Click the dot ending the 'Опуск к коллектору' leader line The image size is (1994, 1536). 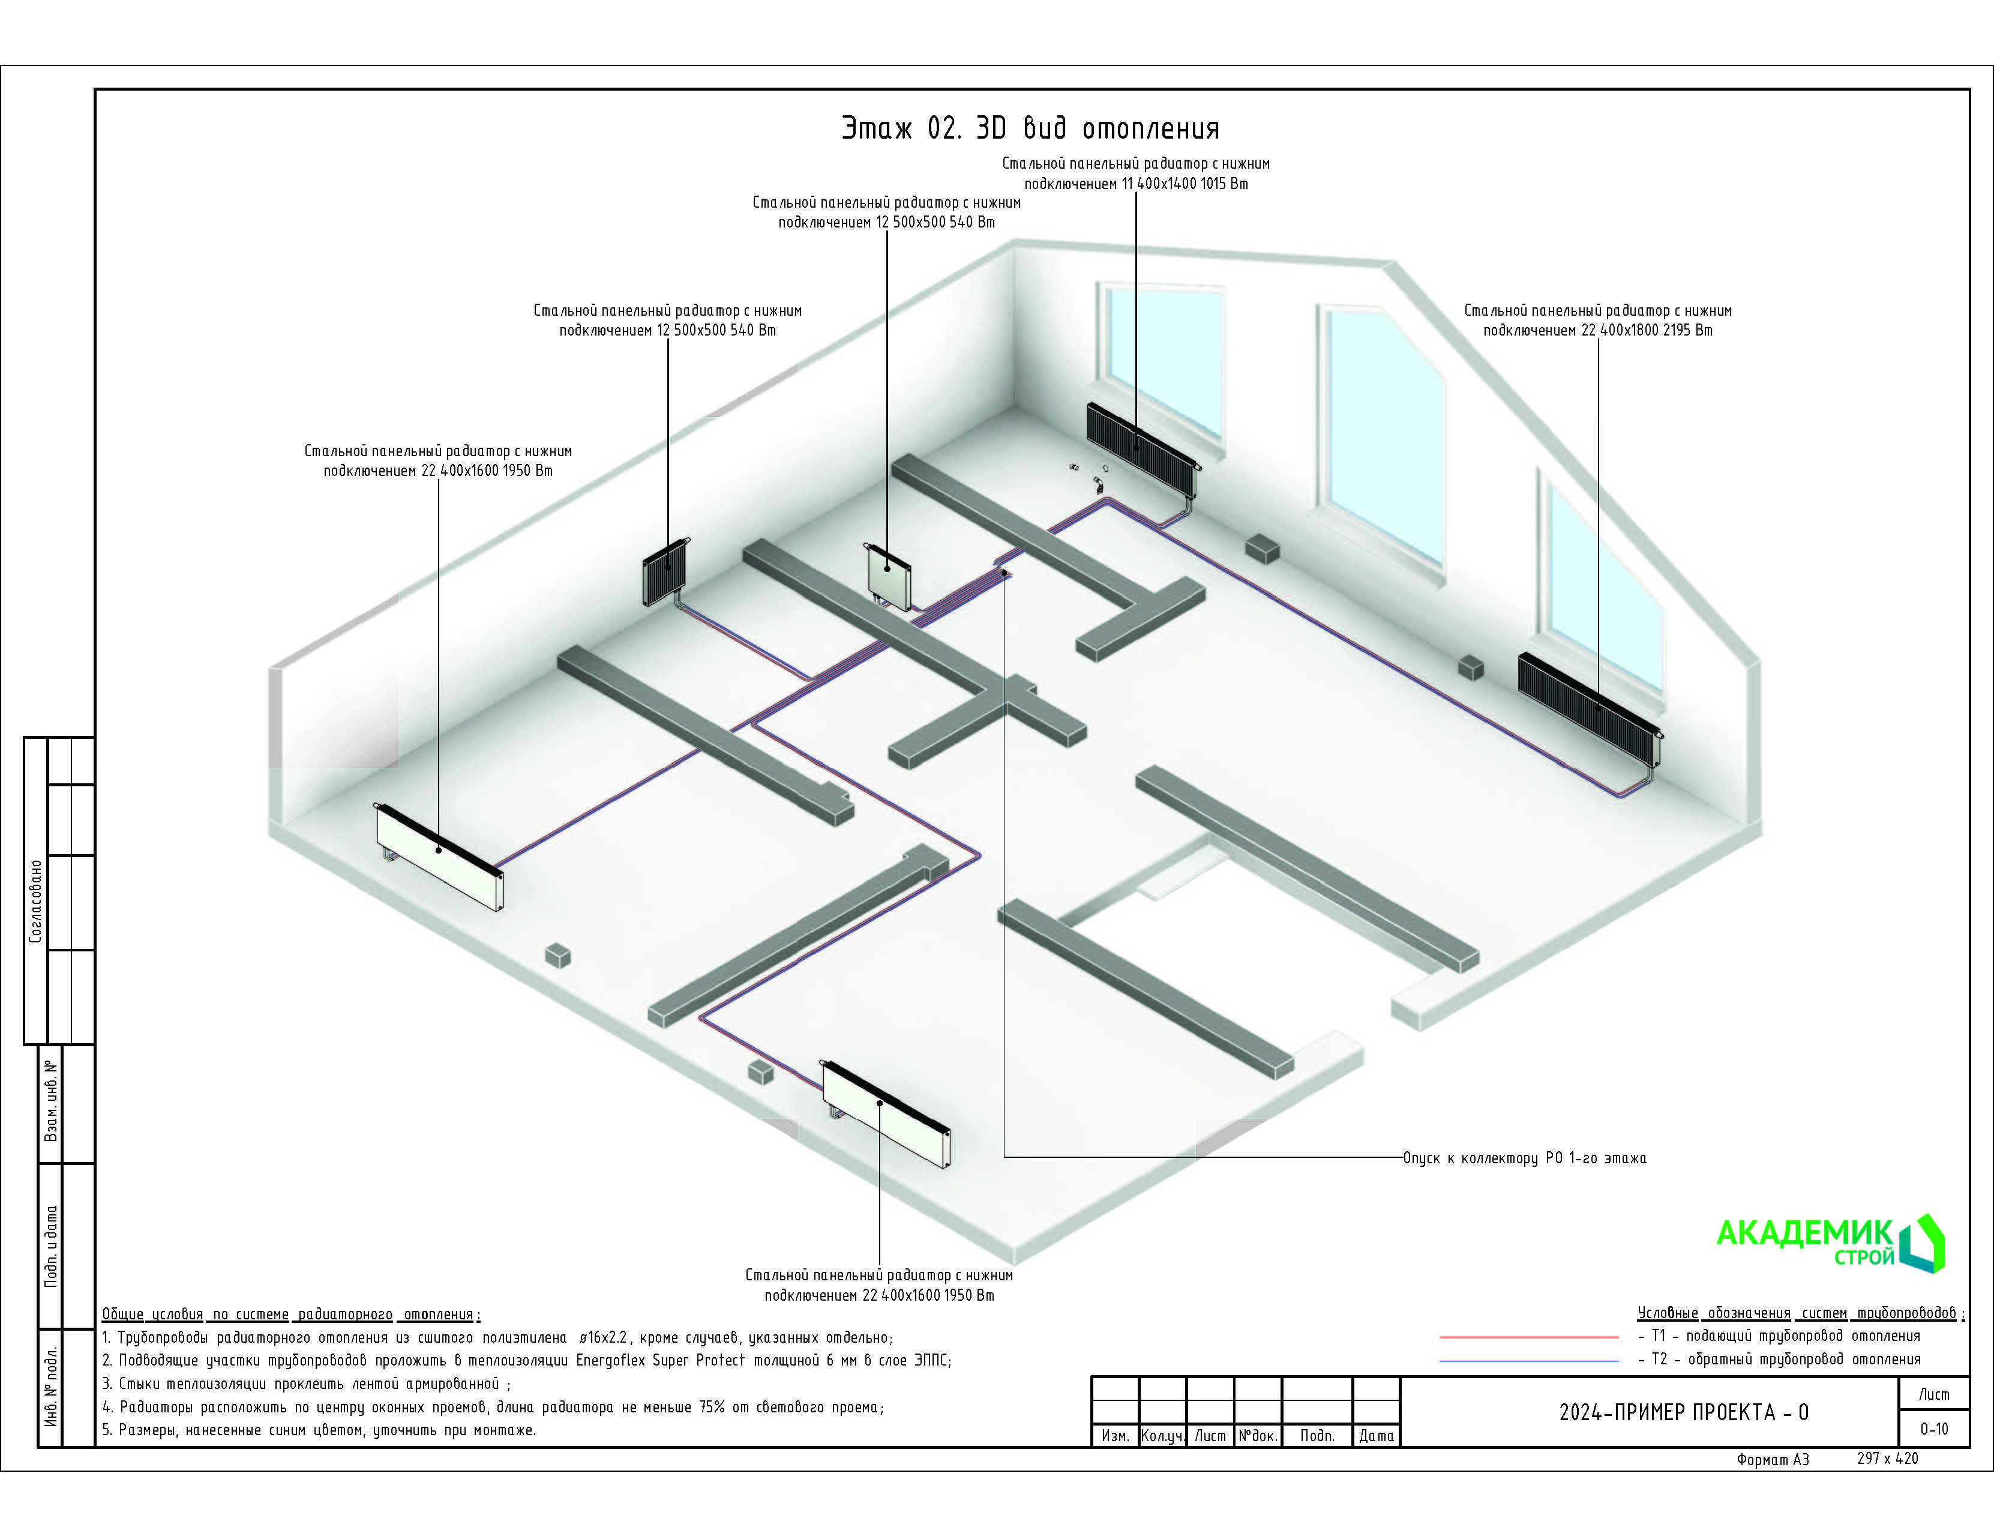pos(1005,573)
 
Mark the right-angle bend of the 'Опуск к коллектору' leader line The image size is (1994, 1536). pos(1005,1157)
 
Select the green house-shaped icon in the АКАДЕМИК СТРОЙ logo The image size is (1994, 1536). pos(1922,1243)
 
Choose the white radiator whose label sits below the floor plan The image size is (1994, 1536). pos(886,1113)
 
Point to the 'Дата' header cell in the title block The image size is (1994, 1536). pos(1376,1436)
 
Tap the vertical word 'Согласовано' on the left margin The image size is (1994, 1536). pos(35,900)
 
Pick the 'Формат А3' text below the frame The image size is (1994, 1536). pos(1772,1459)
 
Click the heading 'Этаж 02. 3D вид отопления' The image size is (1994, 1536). pos(1030,128)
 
